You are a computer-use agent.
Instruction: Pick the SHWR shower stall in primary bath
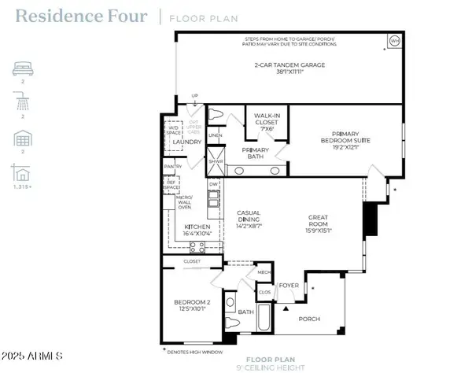[215, 164]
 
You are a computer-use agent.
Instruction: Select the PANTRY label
[173, 167]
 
